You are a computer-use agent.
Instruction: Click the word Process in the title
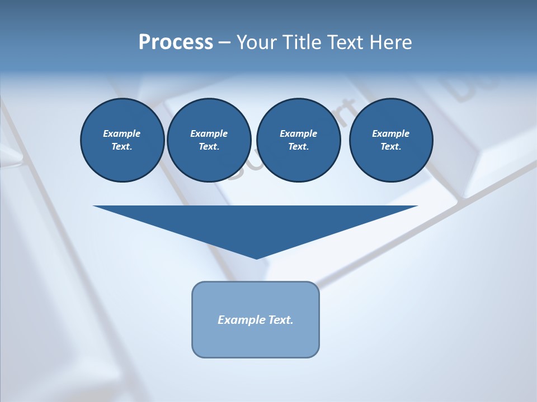pyautogui.click(x=176, y=42)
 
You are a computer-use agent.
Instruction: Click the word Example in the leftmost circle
pyautogui.click(x=122, y=133)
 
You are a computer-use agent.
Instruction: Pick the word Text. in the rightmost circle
pyautogui.click(x=390, y=146)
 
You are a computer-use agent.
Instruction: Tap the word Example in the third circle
pyautogui.click(x=298, y=133)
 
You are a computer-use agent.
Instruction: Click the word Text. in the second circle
pyautogui.click(x=209, y=146)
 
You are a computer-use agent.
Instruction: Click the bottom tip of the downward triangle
pyautogui.click(x=256, y=257)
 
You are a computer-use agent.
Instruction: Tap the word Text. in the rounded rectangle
pyautogui.click(x=281, y=320)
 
